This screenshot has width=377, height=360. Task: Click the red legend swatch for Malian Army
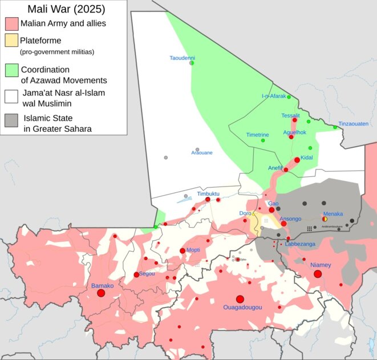coord(11,24)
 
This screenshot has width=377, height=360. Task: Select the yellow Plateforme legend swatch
coord(11,41)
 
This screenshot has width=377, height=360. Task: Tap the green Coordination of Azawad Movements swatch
coord(11,70)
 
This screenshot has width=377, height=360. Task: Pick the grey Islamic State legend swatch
coord(11,120)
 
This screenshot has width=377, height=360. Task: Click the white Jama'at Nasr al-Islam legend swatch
coord(11,95)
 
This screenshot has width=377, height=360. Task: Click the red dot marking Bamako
coord(101,293)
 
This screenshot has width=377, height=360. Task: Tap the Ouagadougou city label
coord(242,307)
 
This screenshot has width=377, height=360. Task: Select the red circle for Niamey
coord(318,274)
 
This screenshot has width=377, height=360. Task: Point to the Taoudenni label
coord(183,58)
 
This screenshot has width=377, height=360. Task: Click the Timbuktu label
coord(208,194)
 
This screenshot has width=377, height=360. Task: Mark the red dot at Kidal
coord(297,160)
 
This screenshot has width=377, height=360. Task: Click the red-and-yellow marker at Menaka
coord(325,219)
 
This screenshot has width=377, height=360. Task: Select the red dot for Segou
coord(136,275)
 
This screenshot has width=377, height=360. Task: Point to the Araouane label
coord(202,153)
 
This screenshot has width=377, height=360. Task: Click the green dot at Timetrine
coord(263,140)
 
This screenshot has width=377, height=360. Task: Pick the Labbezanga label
coord(299,244)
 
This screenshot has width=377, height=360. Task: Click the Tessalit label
coord(290,116)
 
